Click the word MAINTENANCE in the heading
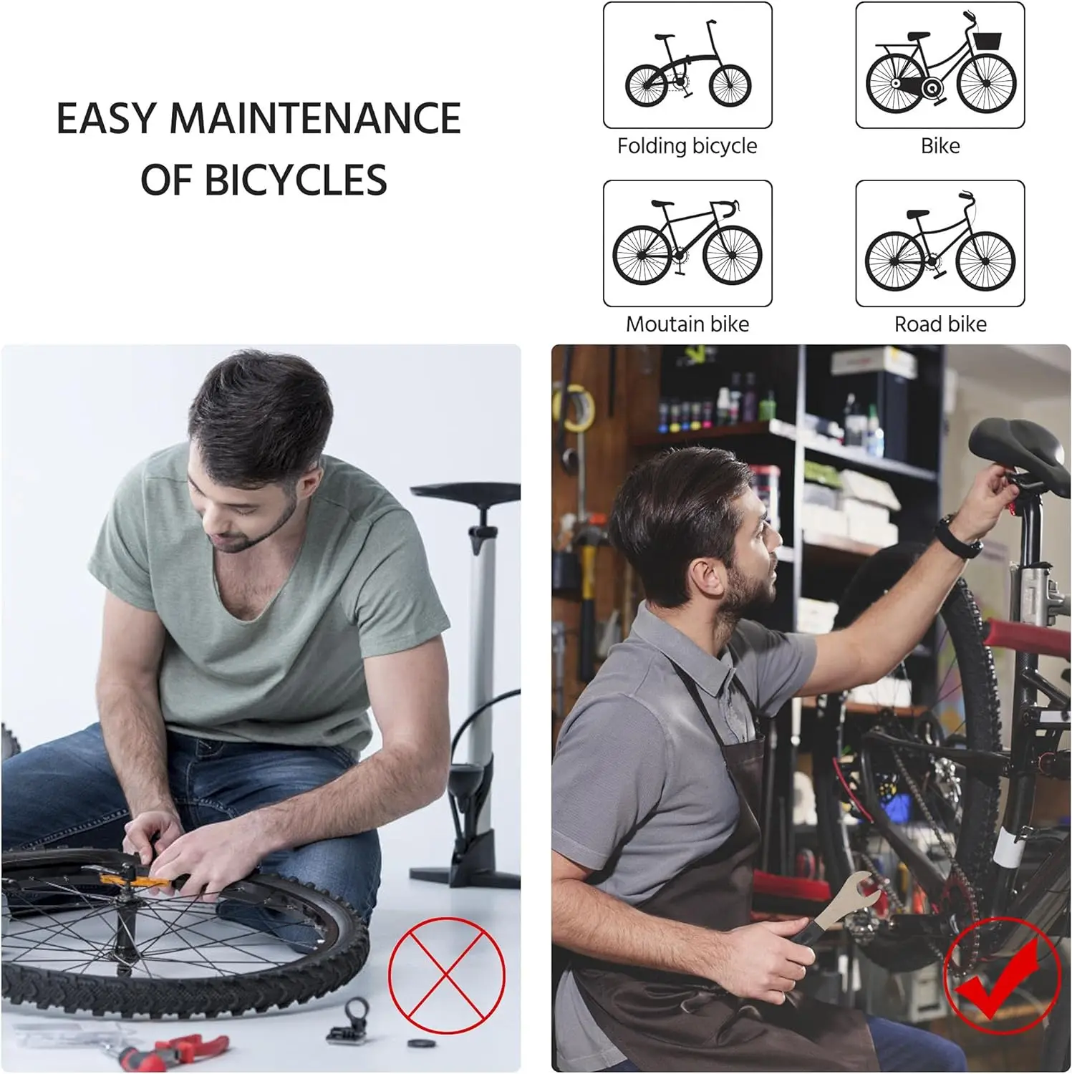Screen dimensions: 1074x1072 (314, 118)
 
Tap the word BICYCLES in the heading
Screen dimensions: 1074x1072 (296, 180)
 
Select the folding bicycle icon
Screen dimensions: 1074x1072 (687, 65)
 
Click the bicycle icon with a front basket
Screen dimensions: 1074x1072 (940, 65)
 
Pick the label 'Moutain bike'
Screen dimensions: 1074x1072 (687, 324)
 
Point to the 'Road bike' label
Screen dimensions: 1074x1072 (940, 324)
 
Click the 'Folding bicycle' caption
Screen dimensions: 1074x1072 (687, 146)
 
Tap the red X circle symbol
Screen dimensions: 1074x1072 (447, 975)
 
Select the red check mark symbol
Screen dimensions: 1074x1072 (999, 977)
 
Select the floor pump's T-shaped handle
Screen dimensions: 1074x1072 (465, 493)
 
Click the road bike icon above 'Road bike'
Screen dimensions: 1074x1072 (940, 243)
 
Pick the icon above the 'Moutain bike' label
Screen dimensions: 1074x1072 (687, 243)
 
